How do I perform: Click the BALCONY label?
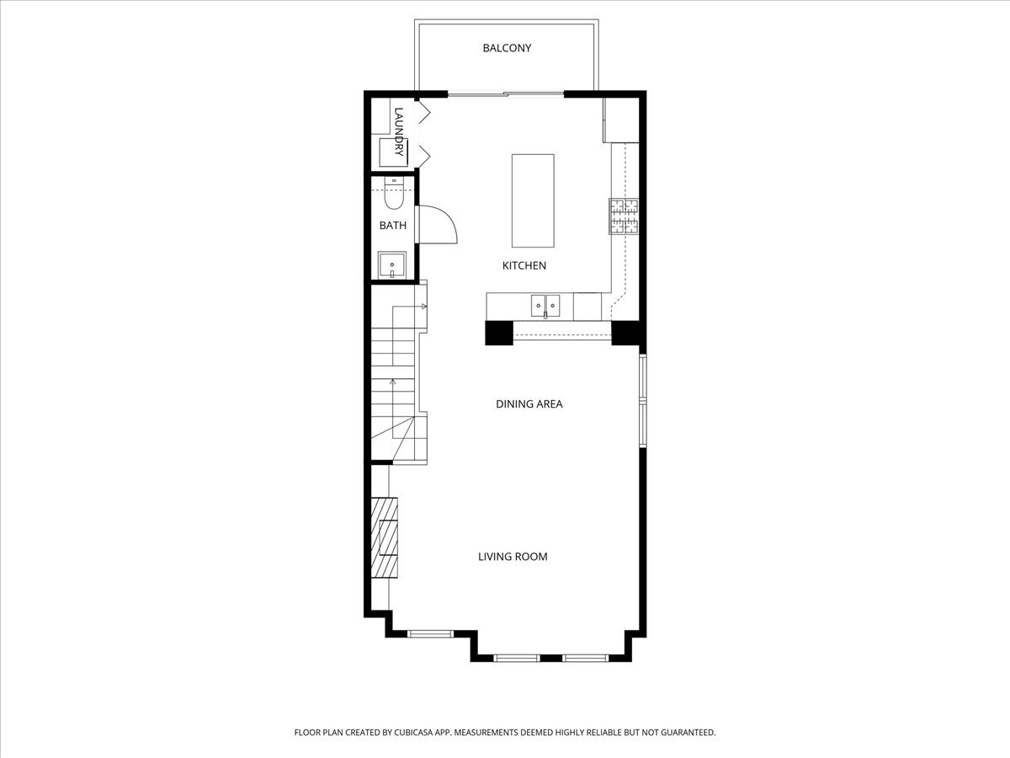tap(507, 48)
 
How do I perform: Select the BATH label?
tap(392, 226)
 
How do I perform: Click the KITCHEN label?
tap(524, 265)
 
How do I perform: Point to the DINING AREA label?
tap(529, 404)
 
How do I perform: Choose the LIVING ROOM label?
tap(513, 557)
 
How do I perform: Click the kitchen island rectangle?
tap(533, 200)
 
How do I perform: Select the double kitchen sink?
tap(545, 304)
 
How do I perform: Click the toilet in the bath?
tap(394, 195)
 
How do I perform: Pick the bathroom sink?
tap(391, 265)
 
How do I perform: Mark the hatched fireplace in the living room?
tap(385, 537)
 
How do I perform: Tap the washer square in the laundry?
tap(392, 152)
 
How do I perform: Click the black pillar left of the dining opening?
tap(498, 334)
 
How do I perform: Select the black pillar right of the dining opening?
tap(627, 334)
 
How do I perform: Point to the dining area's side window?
tap(643, 400)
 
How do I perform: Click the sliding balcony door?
tap(506, 93)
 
